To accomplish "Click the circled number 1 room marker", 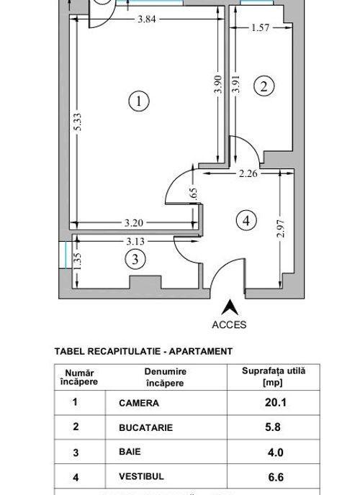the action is coord(139,101).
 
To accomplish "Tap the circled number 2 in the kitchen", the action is coord(264,86).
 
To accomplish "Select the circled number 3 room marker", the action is coord(135,260).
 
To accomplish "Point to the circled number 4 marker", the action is coord(246,220).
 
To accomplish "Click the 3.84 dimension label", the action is coord(147,19).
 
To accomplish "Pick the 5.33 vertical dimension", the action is coord(77,122).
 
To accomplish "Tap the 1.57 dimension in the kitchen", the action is coord(261,28).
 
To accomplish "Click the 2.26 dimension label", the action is coord(248,173).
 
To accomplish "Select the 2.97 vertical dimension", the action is coord(280,228).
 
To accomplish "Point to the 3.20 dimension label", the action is coord(134,223).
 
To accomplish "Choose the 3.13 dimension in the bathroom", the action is coord(135,242).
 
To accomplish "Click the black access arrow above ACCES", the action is coord(230,307).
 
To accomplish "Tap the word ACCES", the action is coord(229,325).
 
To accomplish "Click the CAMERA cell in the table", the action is coord(139,403).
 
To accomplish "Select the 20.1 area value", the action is coord(275,402).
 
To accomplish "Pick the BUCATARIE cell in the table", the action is coord(146,427).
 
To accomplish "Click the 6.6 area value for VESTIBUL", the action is coord(276,477).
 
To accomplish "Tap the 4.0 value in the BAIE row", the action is coord(275,453).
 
